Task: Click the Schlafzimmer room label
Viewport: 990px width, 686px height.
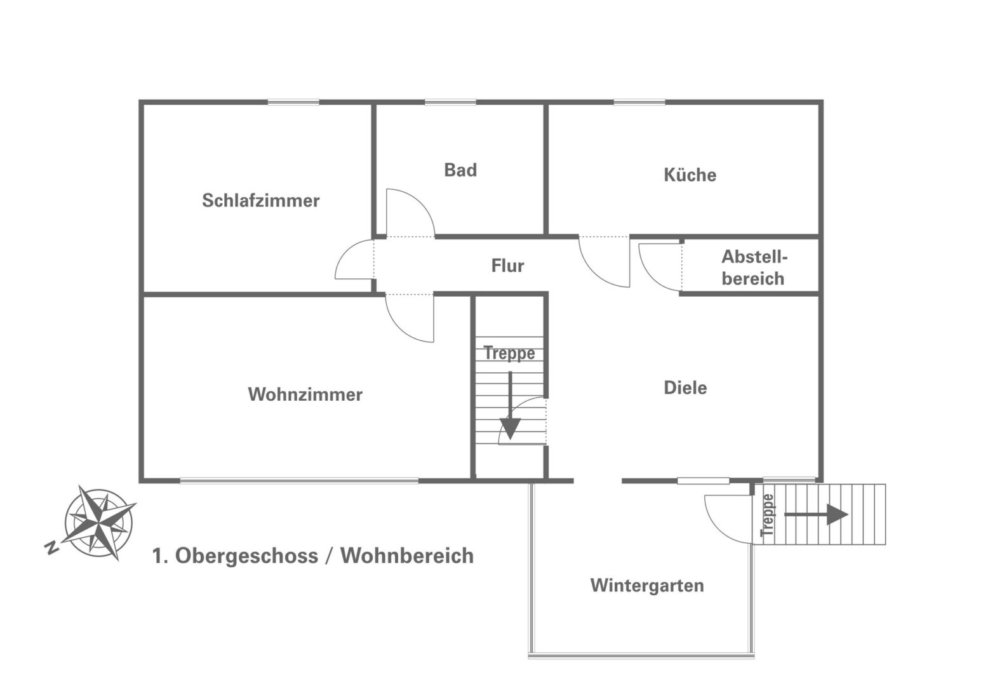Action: point(260,201)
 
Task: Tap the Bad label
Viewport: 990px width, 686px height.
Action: point(460,170)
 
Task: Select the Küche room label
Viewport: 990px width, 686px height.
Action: point(690,175)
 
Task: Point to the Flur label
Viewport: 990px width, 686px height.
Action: point(507,266)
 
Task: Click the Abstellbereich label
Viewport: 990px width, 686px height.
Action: point(754,267)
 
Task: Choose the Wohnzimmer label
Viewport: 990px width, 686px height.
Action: point(305,394)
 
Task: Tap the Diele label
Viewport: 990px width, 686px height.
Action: point(685,387)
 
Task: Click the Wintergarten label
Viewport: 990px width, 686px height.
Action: point(647,585)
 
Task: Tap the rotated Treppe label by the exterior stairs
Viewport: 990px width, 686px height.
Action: point(768,515)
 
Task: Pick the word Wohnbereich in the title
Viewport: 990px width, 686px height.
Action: point(407,556)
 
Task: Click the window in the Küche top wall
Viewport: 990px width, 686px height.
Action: point(639,102)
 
